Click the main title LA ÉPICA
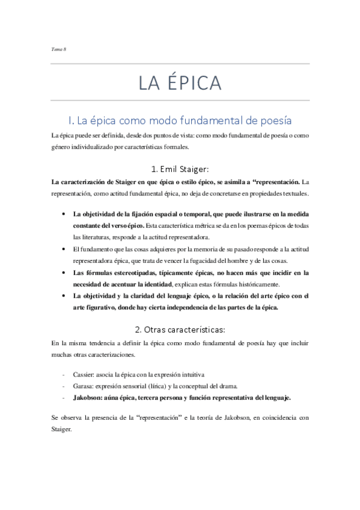[x=180, y=82]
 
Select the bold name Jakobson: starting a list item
[x=90, y=398]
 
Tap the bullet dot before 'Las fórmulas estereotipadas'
[x=64, y=272]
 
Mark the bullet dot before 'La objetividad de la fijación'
[x=64, y=214]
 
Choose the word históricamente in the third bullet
[x=269, y=284]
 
